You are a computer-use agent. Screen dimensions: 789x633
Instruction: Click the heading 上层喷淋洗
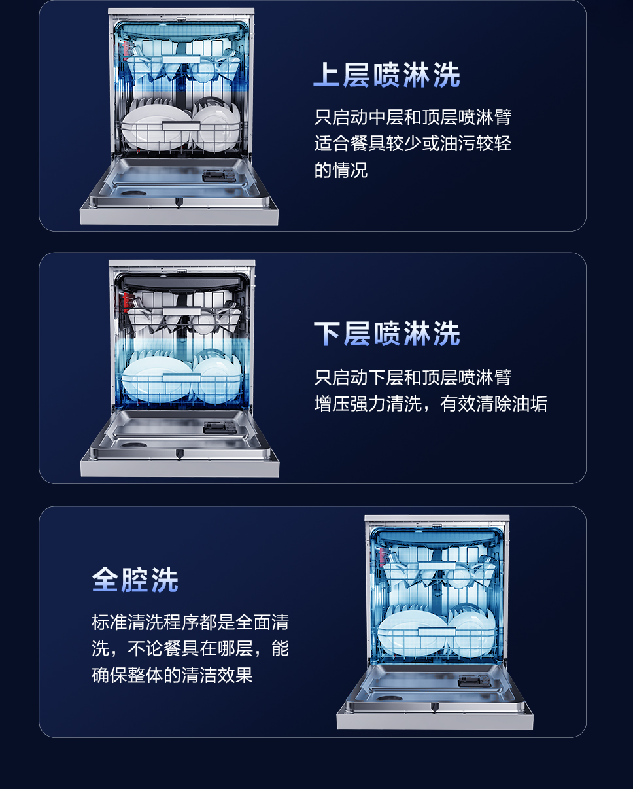click(386, 75)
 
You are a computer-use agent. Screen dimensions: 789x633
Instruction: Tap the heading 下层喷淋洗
click(386, 334)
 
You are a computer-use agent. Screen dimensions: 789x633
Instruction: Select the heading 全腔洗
click(135, 580)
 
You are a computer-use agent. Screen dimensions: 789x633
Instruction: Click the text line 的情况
click(341, 170)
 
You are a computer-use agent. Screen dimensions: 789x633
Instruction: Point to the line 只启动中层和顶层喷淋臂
click(413, 118)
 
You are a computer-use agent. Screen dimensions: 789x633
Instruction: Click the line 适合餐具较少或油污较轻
click(413, 144)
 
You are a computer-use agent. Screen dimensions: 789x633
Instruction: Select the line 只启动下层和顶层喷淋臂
click(413, 377)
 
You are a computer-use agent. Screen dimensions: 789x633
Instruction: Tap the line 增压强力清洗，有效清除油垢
click(430, 404)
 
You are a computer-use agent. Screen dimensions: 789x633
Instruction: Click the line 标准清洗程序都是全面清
click(190, 622)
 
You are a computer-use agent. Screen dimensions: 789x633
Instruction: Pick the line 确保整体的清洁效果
click(172, 675)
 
